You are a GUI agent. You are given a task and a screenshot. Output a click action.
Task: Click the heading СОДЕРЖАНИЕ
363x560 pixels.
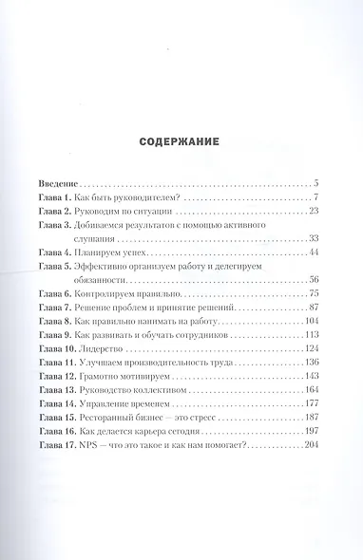pos(181,141)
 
